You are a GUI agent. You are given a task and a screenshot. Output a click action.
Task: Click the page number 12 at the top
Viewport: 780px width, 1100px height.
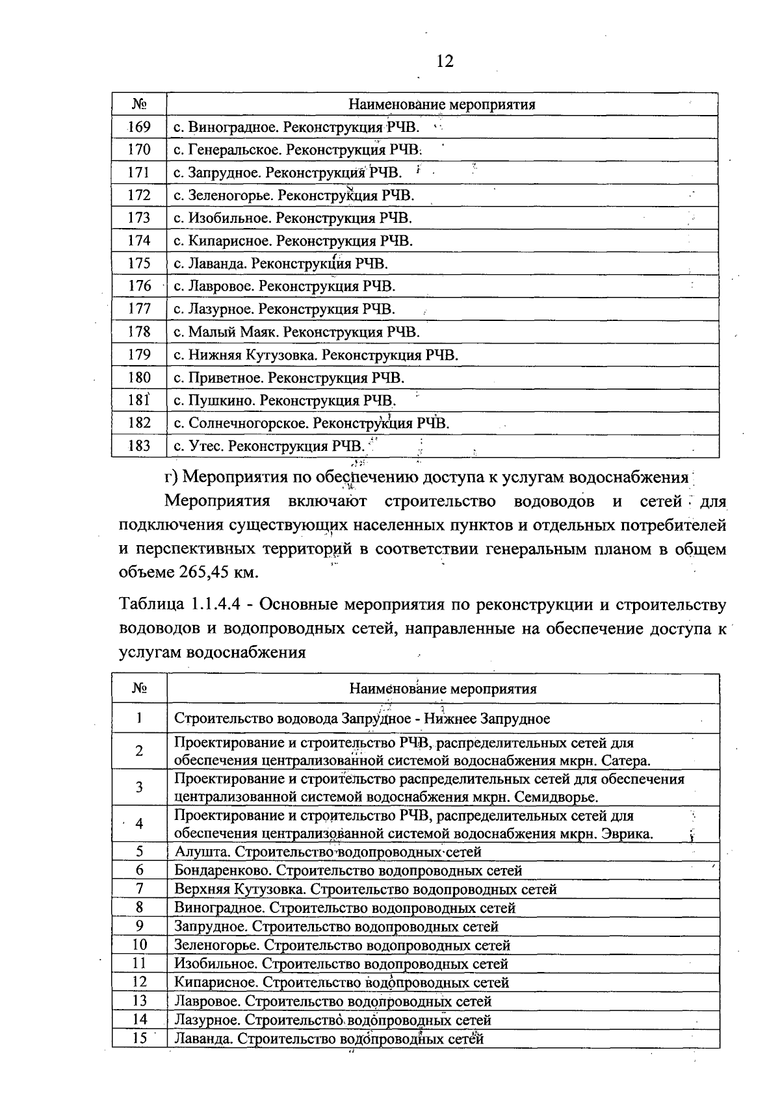[445, 61]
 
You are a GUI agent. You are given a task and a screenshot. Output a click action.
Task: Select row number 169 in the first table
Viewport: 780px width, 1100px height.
[139, 127]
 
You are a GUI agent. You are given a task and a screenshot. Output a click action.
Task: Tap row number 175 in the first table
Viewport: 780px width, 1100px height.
[139, 264]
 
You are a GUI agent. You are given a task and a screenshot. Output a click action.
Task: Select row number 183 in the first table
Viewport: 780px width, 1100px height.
[139, 446]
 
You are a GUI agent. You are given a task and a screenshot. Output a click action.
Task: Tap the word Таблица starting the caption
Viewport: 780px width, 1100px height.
[151, 605]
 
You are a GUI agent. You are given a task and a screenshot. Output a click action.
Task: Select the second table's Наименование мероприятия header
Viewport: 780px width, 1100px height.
[443, 689]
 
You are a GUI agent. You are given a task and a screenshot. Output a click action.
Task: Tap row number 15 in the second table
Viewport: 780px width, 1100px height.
[139, 1038]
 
